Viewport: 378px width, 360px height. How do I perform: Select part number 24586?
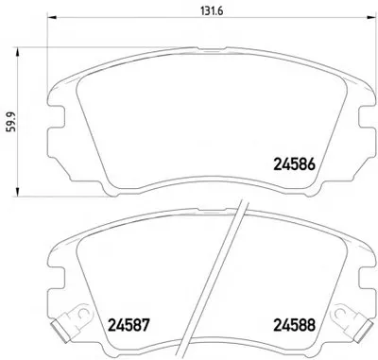[294, 164]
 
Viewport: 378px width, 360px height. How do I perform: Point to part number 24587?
[129, 325]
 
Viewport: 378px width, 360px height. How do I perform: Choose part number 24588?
[294, 325]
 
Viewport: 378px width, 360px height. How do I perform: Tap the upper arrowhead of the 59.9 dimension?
[17, 52]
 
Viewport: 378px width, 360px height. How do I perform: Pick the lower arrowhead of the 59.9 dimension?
[17, 192]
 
